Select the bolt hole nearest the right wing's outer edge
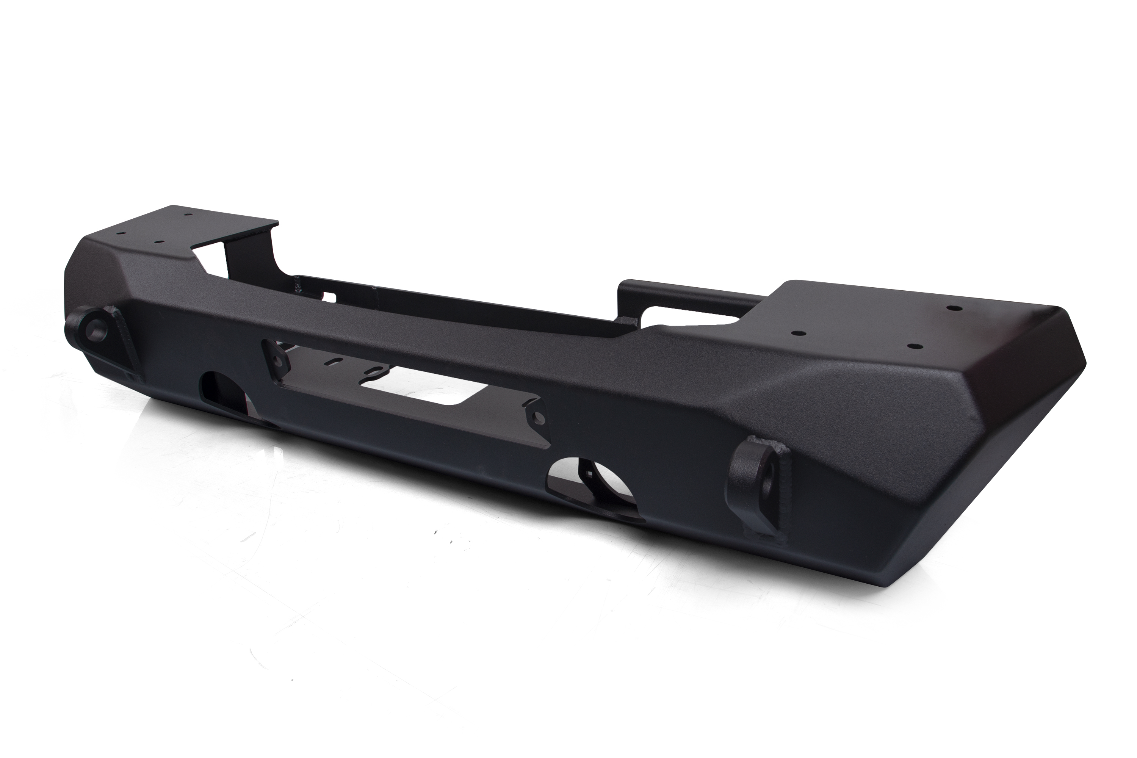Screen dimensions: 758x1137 [x=952, y=307]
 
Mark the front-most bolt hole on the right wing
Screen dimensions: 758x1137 [x=913, y=346]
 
